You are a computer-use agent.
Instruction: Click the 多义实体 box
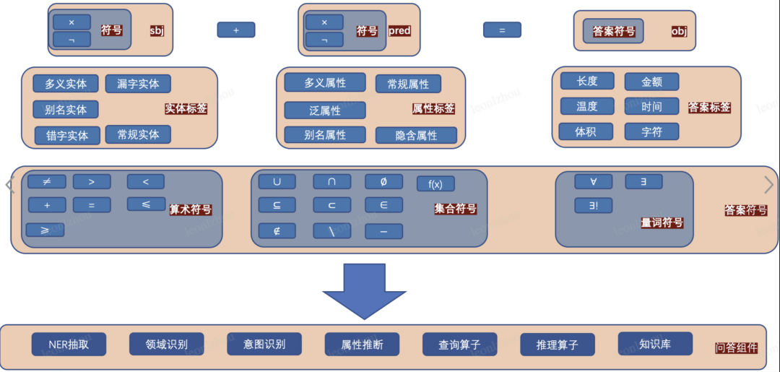coord(66,84)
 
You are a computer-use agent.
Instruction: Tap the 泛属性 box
coord(325,111)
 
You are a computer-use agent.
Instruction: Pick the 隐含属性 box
coord(416,135)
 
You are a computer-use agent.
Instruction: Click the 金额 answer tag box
coord(651,82)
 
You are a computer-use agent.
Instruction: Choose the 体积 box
coord(586,131)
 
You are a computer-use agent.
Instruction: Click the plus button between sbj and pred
coord(236,30)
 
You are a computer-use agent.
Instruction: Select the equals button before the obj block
coord(502,30)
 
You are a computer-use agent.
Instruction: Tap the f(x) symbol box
coord(435,183)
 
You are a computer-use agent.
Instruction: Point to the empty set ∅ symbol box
coord(383,181)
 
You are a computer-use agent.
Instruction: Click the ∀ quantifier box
coord(594,181)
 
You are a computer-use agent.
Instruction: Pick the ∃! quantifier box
coord(594,205)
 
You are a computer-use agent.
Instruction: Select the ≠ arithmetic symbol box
coord(46,181)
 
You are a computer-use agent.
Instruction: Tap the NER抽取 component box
coord(69,345)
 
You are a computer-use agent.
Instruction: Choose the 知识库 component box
coord(655,344)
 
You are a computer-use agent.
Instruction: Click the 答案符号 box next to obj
coord(613,31)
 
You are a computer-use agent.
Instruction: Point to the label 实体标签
coord(186,108)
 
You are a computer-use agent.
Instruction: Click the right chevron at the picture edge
coord(769,184)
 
